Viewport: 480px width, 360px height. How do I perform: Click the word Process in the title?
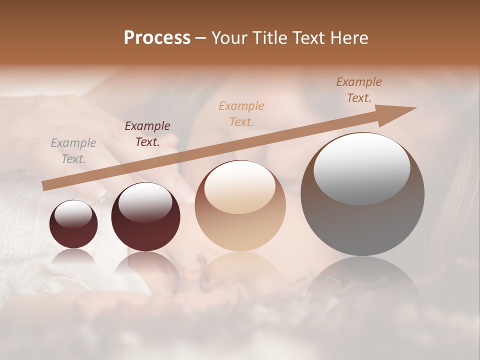(157, 38)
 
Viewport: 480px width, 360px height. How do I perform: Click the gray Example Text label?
(73, 151)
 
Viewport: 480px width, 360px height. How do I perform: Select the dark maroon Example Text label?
(147, 134)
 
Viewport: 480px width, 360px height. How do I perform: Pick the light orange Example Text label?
(241, 114)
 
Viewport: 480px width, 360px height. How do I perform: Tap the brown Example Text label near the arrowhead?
(359, 90)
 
